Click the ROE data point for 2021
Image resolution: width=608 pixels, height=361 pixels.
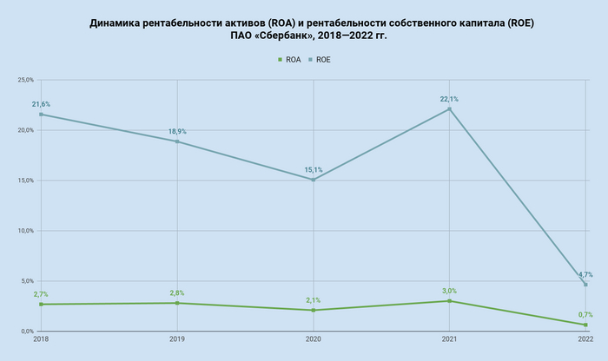[449, 108]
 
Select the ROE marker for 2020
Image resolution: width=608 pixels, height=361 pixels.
[313, 180]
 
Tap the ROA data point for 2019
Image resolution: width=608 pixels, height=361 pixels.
[177, 303]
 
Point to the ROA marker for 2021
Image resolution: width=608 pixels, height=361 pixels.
[449, 301]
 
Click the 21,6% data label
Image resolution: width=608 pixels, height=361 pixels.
[41, 104]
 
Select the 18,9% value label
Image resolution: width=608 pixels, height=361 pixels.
[177, 132]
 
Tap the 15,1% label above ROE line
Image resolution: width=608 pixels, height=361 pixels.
[313, 170]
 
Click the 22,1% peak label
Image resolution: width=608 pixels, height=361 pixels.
[449, 99]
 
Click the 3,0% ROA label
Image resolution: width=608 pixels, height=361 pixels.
[449, 291]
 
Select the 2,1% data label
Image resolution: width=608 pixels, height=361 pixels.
[313, 300]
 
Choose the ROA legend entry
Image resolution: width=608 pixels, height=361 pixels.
[288, 59]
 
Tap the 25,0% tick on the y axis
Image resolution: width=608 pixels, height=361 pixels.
[24, 80]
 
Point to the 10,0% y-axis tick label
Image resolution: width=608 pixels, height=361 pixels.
[24, 231]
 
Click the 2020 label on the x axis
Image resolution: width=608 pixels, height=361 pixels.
[313, 338]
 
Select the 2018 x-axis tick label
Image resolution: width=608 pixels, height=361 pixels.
[41, 338]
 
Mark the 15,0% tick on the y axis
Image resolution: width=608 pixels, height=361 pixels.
[24, 180]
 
